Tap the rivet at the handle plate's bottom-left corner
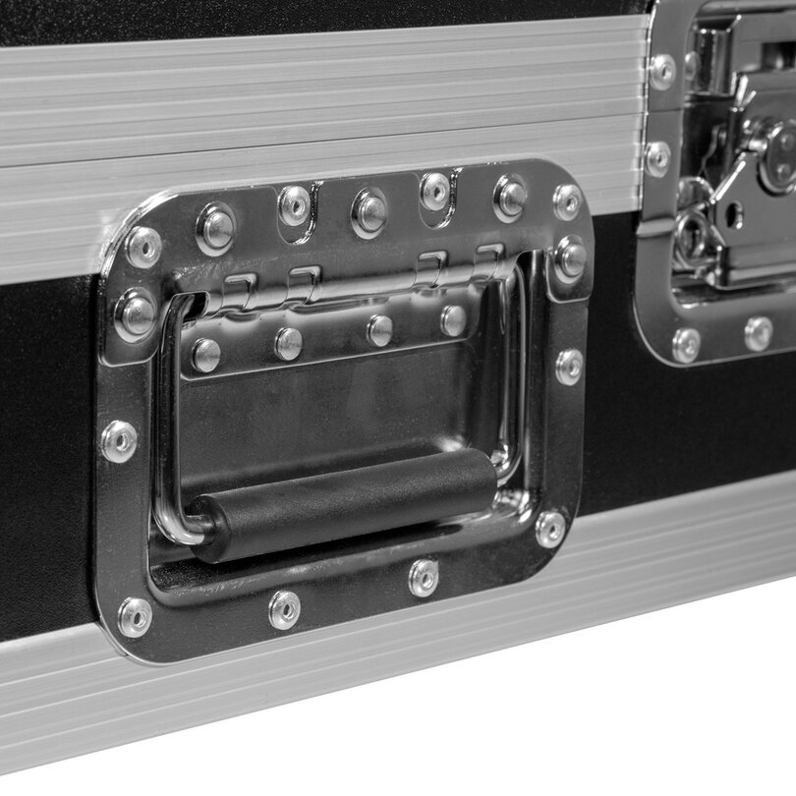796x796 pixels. pyautogui.click(x=135, y=617)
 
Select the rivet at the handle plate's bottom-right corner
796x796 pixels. pyautogui.click(x=550, y=529)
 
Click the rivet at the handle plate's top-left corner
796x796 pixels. pyautogui.click(x=143, y=247)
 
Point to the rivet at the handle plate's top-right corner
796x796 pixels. pyautogui.click(x=567, y=201)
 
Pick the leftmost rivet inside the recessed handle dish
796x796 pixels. pyautogui.click(x=205, y=355)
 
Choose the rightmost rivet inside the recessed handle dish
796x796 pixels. pyautogui.click(x=453, y=319)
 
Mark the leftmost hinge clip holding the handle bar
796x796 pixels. pyautogui.click(x=236, y=290)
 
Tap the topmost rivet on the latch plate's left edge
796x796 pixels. pyautogui.click(x=662, y=71)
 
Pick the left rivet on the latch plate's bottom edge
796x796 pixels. pyautogui.click(x=685, y=344)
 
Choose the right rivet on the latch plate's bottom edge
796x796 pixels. pyautogui.click(x=758, y=333)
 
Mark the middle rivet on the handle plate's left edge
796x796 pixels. pyautogui.click(x=120, y=441)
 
